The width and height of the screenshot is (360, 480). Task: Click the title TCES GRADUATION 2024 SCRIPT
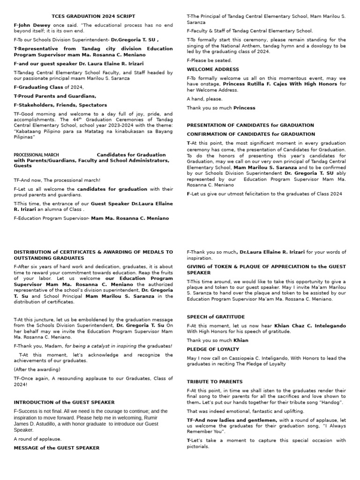click(93, 16)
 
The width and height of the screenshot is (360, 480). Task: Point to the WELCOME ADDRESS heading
click(206, 69)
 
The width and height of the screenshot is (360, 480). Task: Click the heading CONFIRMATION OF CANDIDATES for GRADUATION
click(251, 134)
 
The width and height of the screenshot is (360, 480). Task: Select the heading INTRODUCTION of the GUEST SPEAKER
click(64, 402)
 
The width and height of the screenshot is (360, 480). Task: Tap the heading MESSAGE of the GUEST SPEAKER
click(56, 448)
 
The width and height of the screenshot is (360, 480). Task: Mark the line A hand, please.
click(204, 99)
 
